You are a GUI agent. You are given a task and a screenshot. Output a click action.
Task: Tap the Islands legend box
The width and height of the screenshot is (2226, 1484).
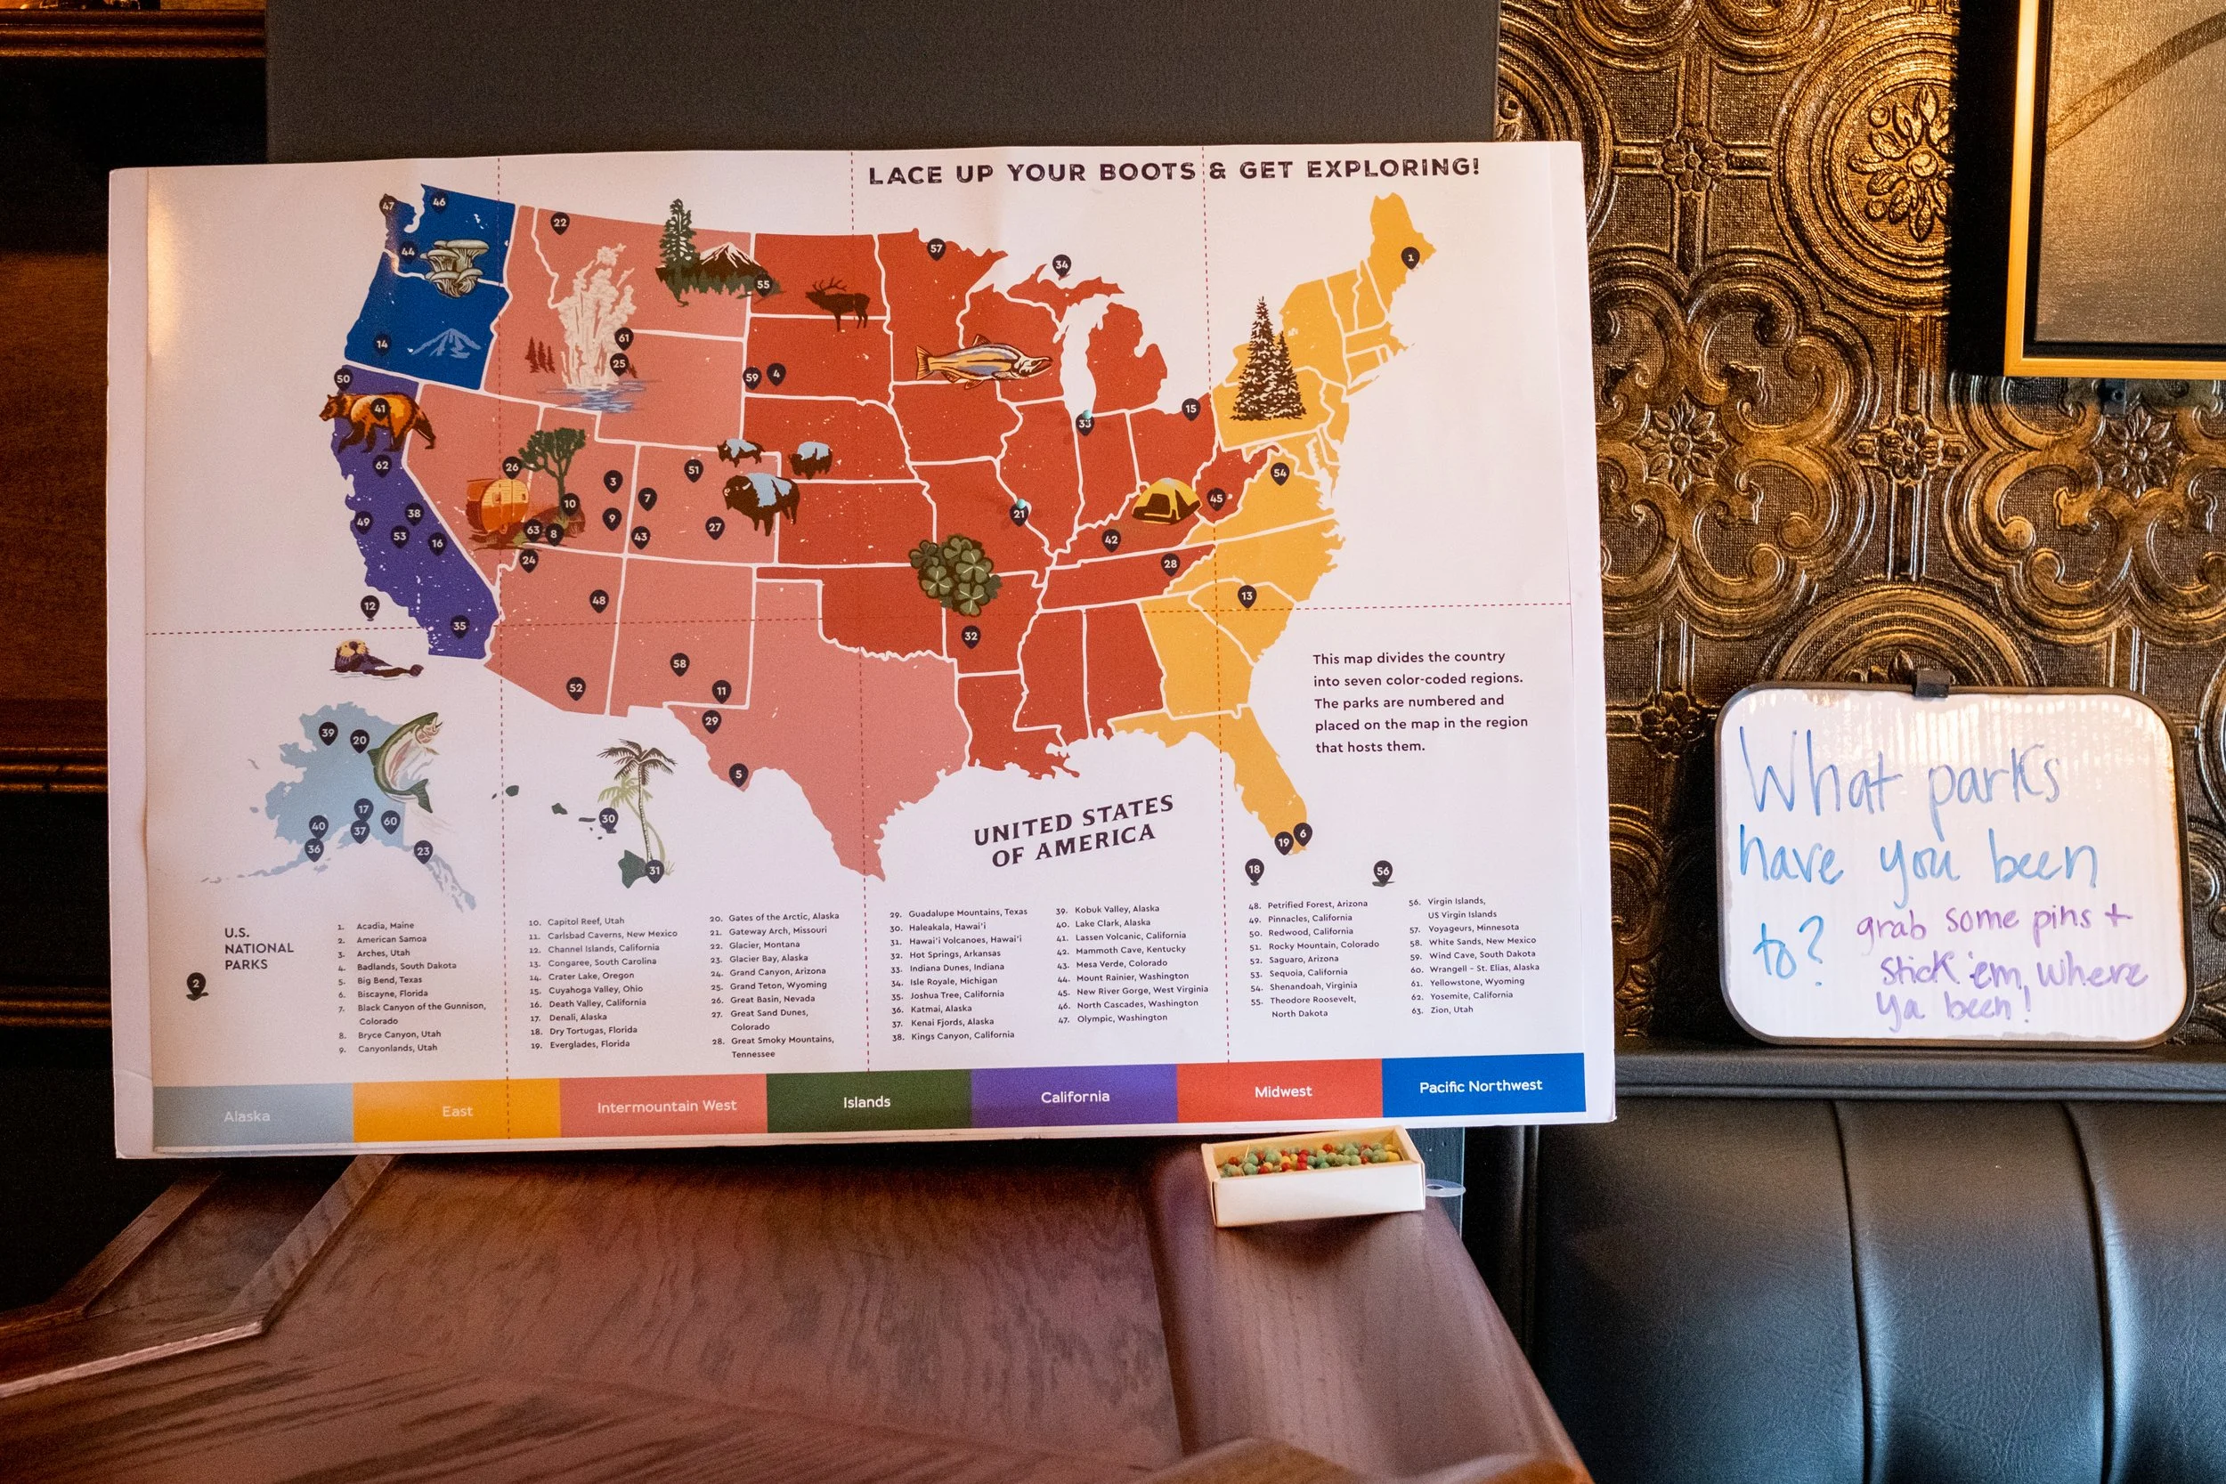click(x=867, y=1101)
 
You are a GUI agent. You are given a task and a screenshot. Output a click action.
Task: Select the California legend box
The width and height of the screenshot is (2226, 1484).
click(x=1074, y=1097)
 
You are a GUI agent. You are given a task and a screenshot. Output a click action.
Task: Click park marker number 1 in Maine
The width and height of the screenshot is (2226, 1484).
click(x=1410, y=257)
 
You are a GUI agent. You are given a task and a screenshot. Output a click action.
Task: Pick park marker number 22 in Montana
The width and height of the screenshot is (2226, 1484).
click(x=559, y=223)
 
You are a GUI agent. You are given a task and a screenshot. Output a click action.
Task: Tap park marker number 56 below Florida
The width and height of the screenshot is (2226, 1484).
click(x=1383, y=872)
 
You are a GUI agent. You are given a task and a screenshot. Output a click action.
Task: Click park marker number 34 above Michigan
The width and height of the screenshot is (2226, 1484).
click(x=1061, y=265)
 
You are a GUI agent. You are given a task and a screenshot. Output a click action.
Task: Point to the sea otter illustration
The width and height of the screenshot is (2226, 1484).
click(x=374, y=658)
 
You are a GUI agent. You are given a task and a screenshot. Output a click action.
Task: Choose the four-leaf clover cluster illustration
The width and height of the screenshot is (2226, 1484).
click(x=954, y=573)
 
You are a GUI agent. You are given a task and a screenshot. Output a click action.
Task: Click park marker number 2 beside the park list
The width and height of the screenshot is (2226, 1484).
click(x=196, y=985)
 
